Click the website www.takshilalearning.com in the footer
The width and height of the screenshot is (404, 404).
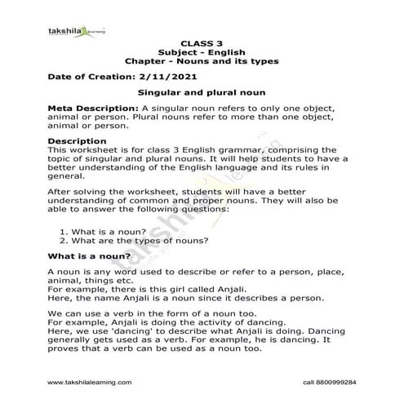point(89,381)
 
